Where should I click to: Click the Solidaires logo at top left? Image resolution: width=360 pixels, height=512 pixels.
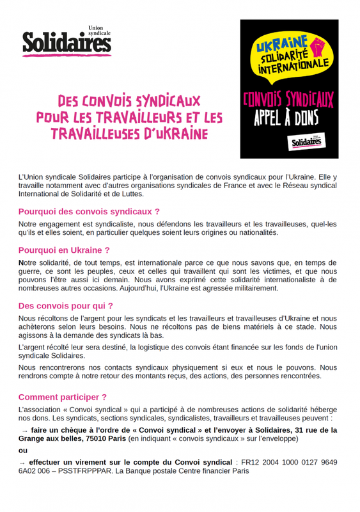(x=67, y=42)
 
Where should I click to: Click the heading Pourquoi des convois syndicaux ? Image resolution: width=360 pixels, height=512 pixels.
(x=89, y=211)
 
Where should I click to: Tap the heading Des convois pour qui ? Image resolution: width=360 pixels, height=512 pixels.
(x=66, y=306)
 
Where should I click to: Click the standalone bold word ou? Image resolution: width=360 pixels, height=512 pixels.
(x=24, y=450)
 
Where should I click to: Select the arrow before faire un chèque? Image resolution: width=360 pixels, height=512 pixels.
(x=24, y=431)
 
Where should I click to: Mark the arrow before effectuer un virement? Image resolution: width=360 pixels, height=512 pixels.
(x=22, y=461)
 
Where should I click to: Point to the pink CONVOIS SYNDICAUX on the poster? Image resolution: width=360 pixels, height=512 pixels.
(x=287, y=99)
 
